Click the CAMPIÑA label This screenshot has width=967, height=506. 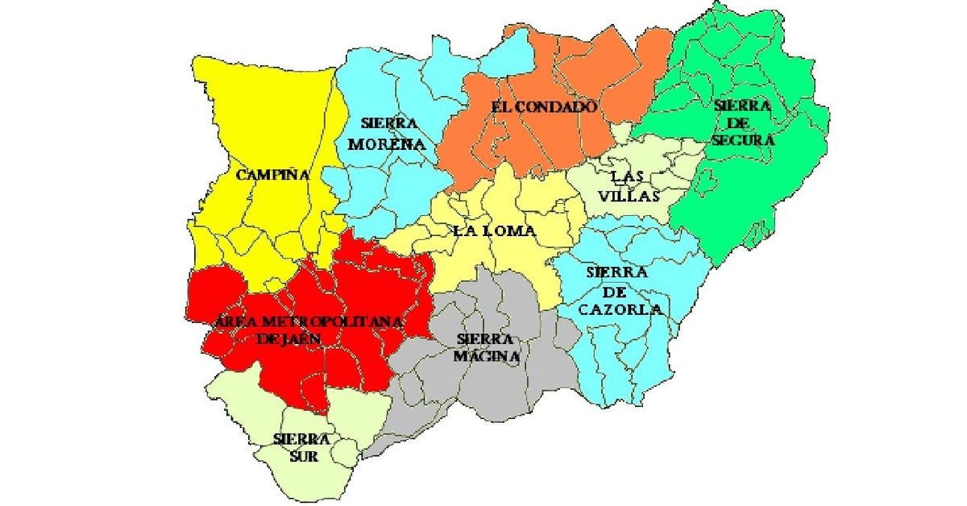click(273, 174)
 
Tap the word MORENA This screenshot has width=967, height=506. click(391, 144)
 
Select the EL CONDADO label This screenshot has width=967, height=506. click(544, 106)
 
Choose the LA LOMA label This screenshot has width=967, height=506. click(495, 230)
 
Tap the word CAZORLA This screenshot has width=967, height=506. click(624, 309)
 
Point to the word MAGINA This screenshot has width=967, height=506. click(486, 355)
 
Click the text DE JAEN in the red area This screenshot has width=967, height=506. click(288, 339)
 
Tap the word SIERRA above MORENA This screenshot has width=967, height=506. click(389, 123)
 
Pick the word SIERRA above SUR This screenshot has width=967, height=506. click(301, 439)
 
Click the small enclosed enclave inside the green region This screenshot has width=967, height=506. click(706, 185)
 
